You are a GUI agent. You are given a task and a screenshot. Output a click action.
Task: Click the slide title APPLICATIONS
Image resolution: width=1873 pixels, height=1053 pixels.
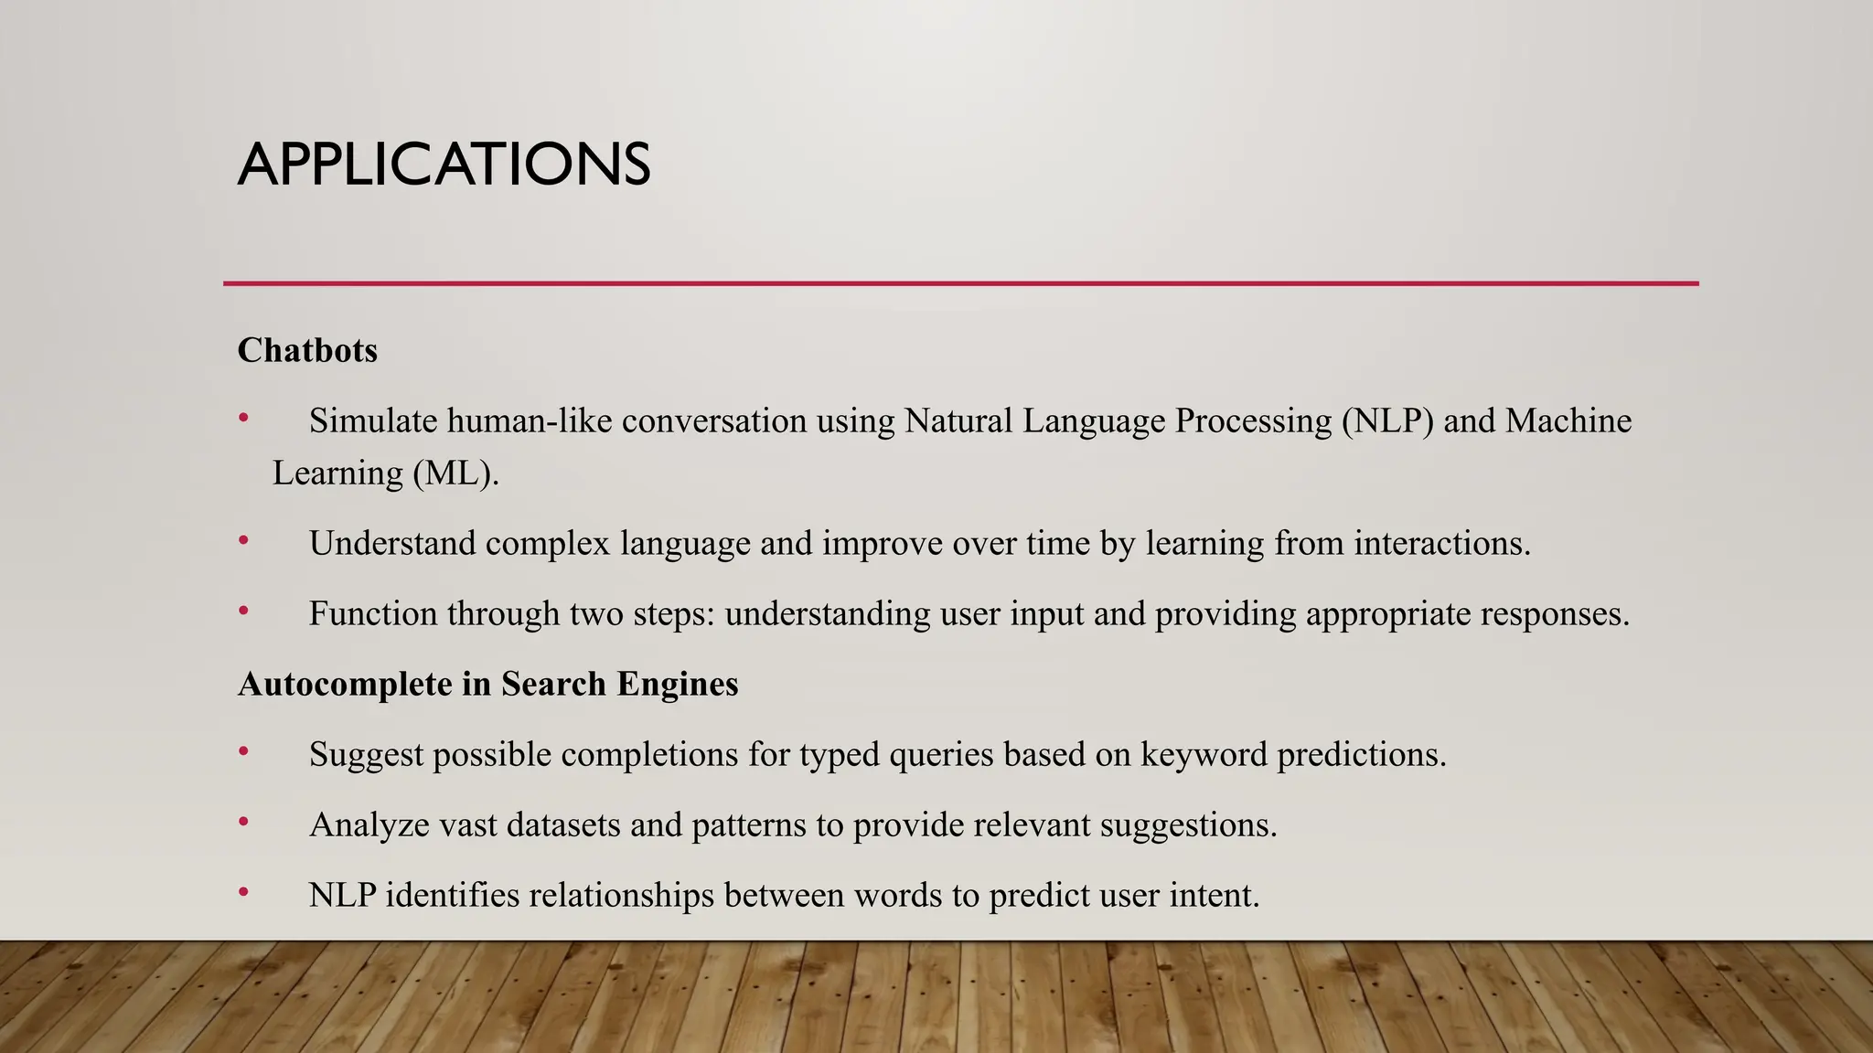[444, 165]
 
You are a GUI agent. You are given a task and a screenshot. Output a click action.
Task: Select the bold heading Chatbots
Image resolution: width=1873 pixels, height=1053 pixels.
[307, 350]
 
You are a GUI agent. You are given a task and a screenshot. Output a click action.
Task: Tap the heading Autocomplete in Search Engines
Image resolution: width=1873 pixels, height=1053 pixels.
[487, 684]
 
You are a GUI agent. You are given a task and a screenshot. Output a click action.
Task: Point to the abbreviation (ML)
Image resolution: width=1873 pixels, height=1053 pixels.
[455, 473]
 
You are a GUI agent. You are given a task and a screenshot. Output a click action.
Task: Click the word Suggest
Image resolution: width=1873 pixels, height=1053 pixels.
[366, 755]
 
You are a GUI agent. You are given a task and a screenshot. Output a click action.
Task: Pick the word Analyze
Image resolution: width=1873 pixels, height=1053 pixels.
[369, 825]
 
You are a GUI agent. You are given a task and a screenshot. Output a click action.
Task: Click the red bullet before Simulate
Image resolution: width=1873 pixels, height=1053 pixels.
[243, 419]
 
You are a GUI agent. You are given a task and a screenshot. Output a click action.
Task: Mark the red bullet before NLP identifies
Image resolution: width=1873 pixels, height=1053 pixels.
[243, 892]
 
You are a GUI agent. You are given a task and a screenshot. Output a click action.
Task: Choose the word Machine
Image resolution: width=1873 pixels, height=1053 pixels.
[1568, 421]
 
